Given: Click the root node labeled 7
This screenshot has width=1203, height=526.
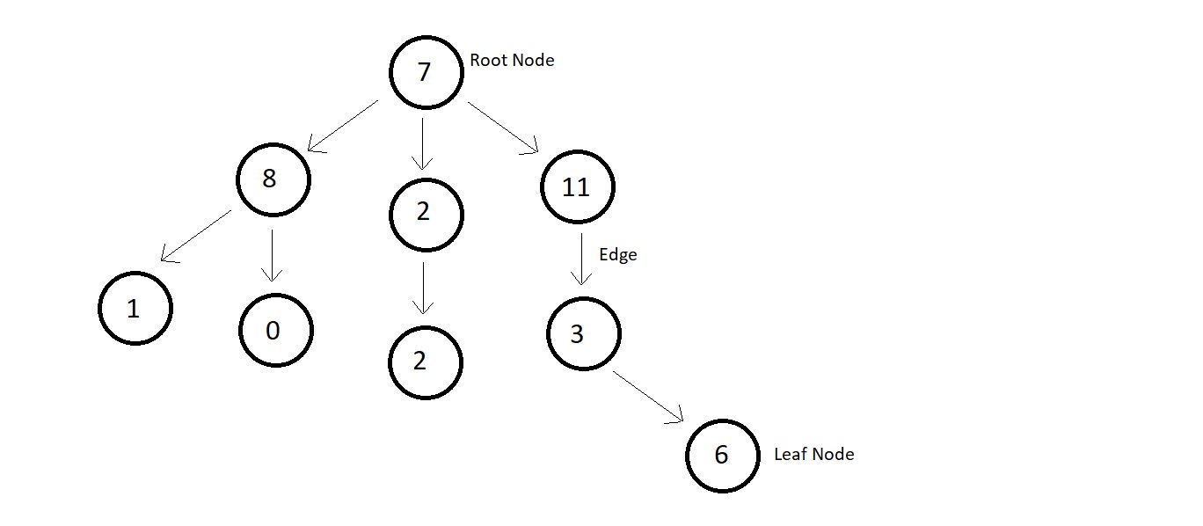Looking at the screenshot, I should click(x=427, y=72).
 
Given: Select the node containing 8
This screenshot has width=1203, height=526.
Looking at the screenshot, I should click(x=273, y=179).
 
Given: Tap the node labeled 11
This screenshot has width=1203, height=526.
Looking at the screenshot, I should click(x=577, y=187).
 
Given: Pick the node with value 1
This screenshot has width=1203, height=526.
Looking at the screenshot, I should click(x=135, y=308).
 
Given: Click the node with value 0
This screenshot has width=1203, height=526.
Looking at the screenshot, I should click(x=275, y=330).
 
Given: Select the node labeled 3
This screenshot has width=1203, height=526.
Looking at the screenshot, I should click(x=583, y=334).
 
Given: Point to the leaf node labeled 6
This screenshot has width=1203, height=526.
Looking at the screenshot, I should click(x=722, y=455).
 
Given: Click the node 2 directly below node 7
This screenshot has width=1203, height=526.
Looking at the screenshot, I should click(x=426, y=214).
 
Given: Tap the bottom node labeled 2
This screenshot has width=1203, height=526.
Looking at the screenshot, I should click(x=425, y=362).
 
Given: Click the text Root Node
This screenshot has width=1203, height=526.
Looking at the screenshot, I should click(x=512, y=61).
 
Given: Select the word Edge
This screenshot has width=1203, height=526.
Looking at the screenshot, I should click(x=617, y=255).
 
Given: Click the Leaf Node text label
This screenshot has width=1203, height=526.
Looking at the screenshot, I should click(x=813, y=455).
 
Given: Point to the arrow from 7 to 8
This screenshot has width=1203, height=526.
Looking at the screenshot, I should click(x=343, y=126).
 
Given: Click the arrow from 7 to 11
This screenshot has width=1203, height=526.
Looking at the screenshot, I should click(x=503, y=128).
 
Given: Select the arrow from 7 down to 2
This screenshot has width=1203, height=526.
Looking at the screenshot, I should click(x=424, y=142).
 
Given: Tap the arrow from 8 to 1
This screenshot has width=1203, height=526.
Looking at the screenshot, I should click(x=196, y=236).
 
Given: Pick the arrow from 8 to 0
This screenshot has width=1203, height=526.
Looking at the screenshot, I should click(x=273, y=255).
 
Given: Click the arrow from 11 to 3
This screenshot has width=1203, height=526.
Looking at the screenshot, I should click(x=581, y=258).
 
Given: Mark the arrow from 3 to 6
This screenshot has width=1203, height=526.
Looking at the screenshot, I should click(x=648, y=397).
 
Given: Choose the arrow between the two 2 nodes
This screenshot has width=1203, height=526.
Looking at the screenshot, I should click(x=424, y=288).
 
